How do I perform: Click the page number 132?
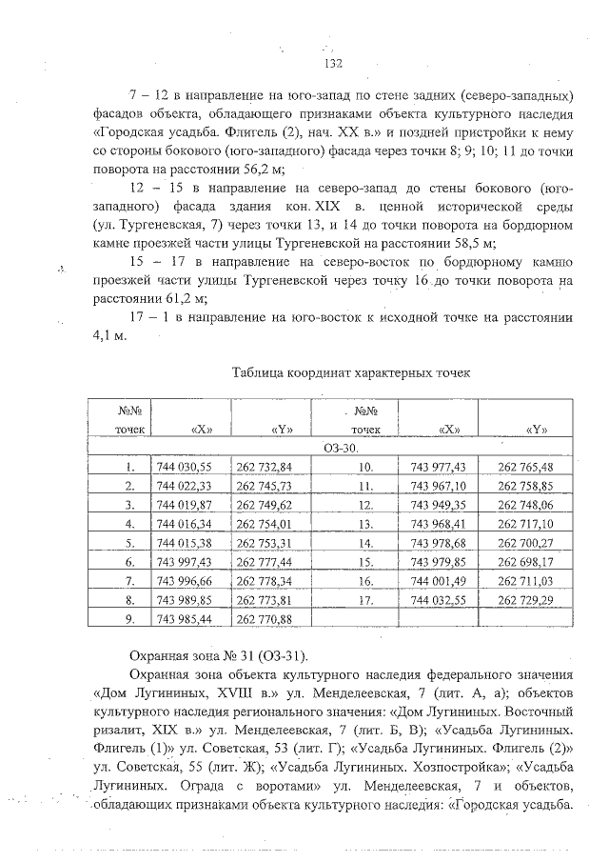click(332, 64)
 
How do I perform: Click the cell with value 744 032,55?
click(437, 599)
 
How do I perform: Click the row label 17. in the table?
click(363, 599)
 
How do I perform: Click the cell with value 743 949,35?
click(437, 504)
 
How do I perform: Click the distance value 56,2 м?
click(224, 170)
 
